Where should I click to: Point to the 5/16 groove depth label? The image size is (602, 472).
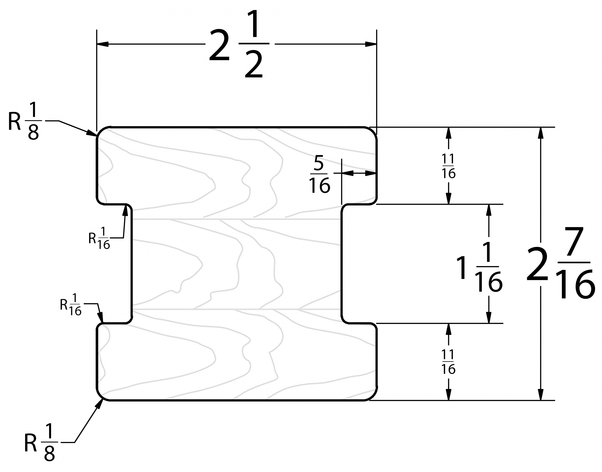pos(319,174)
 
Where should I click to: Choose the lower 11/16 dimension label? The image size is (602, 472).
pos(448,362)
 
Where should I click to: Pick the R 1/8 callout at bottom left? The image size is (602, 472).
pos(40,442)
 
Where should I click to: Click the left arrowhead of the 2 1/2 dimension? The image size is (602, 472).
pos(102,44)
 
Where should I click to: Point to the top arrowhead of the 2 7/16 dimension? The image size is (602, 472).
pos(541,133)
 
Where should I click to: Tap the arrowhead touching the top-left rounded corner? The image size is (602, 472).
pos(92,133)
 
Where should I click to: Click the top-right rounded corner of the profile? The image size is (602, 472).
pos(373,132)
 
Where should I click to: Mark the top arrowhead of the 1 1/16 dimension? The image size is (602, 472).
pos(489,210)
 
